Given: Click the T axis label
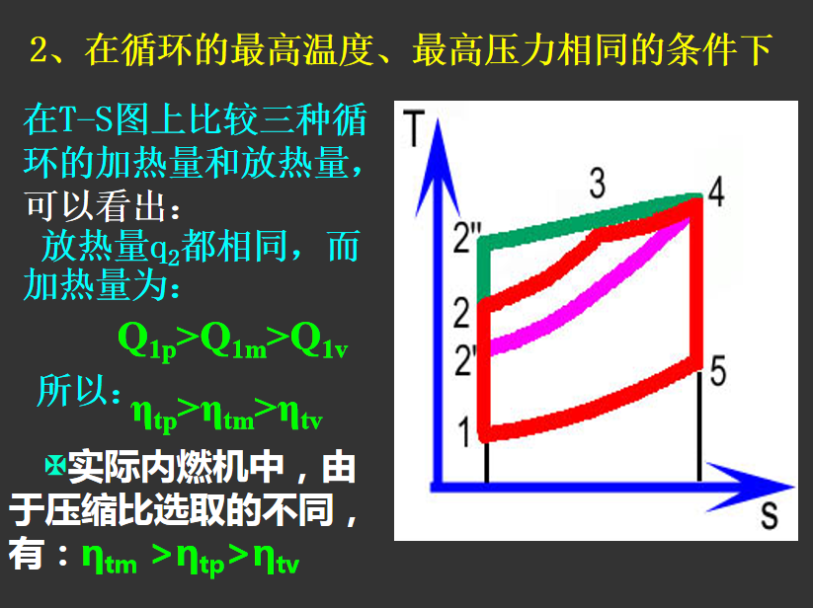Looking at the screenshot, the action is pyautogui.click(x=414, y=128).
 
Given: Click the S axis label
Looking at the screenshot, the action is pyautogui.click(x=769, y=516).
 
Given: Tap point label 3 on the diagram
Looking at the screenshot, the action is pyautogui.click(x=598, y=183).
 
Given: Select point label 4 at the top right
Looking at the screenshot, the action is pyautogui.click(x=716, y=191).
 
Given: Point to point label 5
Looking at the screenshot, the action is pyautogui.click(x=718, y=371).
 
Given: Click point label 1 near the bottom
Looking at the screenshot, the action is pyautogui.click(x=465, y=431).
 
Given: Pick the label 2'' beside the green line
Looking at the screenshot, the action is pyautogui.click(x=467, y=238).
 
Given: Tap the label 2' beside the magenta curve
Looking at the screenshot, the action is pyautogui.click(x=465, y=360).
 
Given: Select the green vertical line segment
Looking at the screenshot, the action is pyautogui.click(x=484, y=269).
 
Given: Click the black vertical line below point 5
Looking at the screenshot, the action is pyautogui.click(x=699, y=425).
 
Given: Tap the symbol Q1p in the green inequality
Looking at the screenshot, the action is pyautogui.click(x=148, y=341).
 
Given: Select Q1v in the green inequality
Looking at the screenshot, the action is pyautogui.click(x=319, y=341).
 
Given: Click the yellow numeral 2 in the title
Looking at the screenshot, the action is pyautogui.click(x=39, y=49).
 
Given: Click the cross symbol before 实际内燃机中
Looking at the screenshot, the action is pyautogui.click(x=54, y=466).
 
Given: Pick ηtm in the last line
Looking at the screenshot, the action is pyautogui.click(x=110, y=559).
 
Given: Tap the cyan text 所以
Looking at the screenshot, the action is pyautogui.click(x=79, y=391).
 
